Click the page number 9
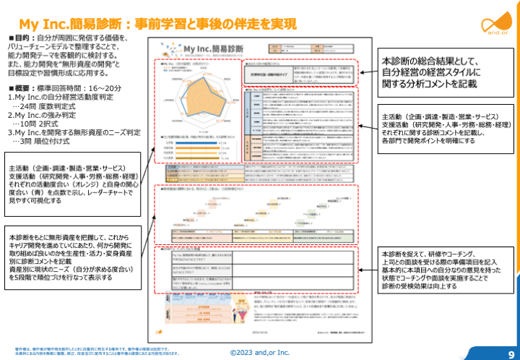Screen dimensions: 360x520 (510, 350)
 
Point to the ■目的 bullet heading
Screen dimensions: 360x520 (22, 37)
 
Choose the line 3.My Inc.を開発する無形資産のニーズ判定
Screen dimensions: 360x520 (74, 133)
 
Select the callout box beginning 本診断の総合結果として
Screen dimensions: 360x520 (440, 72)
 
